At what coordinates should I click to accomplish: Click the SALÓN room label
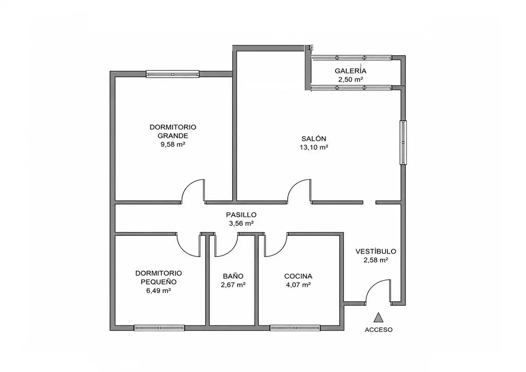pos(314,139)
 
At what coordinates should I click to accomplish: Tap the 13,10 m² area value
pos(314,147)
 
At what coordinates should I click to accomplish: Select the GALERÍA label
pos(350,71)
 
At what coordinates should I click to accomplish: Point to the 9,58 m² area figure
pos(173,144)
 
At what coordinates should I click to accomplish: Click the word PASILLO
pos(241,215)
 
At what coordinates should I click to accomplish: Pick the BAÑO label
pos(233,276)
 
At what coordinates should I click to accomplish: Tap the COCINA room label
pos(298,276)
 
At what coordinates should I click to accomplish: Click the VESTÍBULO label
pos(376,251)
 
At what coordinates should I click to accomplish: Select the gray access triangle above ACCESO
pos(378,318)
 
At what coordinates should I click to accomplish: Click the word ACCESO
pos(379,330)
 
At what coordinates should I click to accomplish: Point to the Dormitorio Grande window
pos(172,74)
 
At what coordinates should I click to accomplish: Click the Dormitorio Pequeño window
pos(159,328)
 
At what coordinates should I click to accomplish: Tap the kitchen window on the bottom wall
pos(295,328)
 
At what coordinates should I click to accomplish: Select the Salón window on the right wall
pos(403,143)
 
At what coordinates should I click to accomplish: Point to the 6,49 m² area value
pos(158,291)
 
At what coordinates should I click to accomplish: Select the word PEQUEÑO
pos(158,282)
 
